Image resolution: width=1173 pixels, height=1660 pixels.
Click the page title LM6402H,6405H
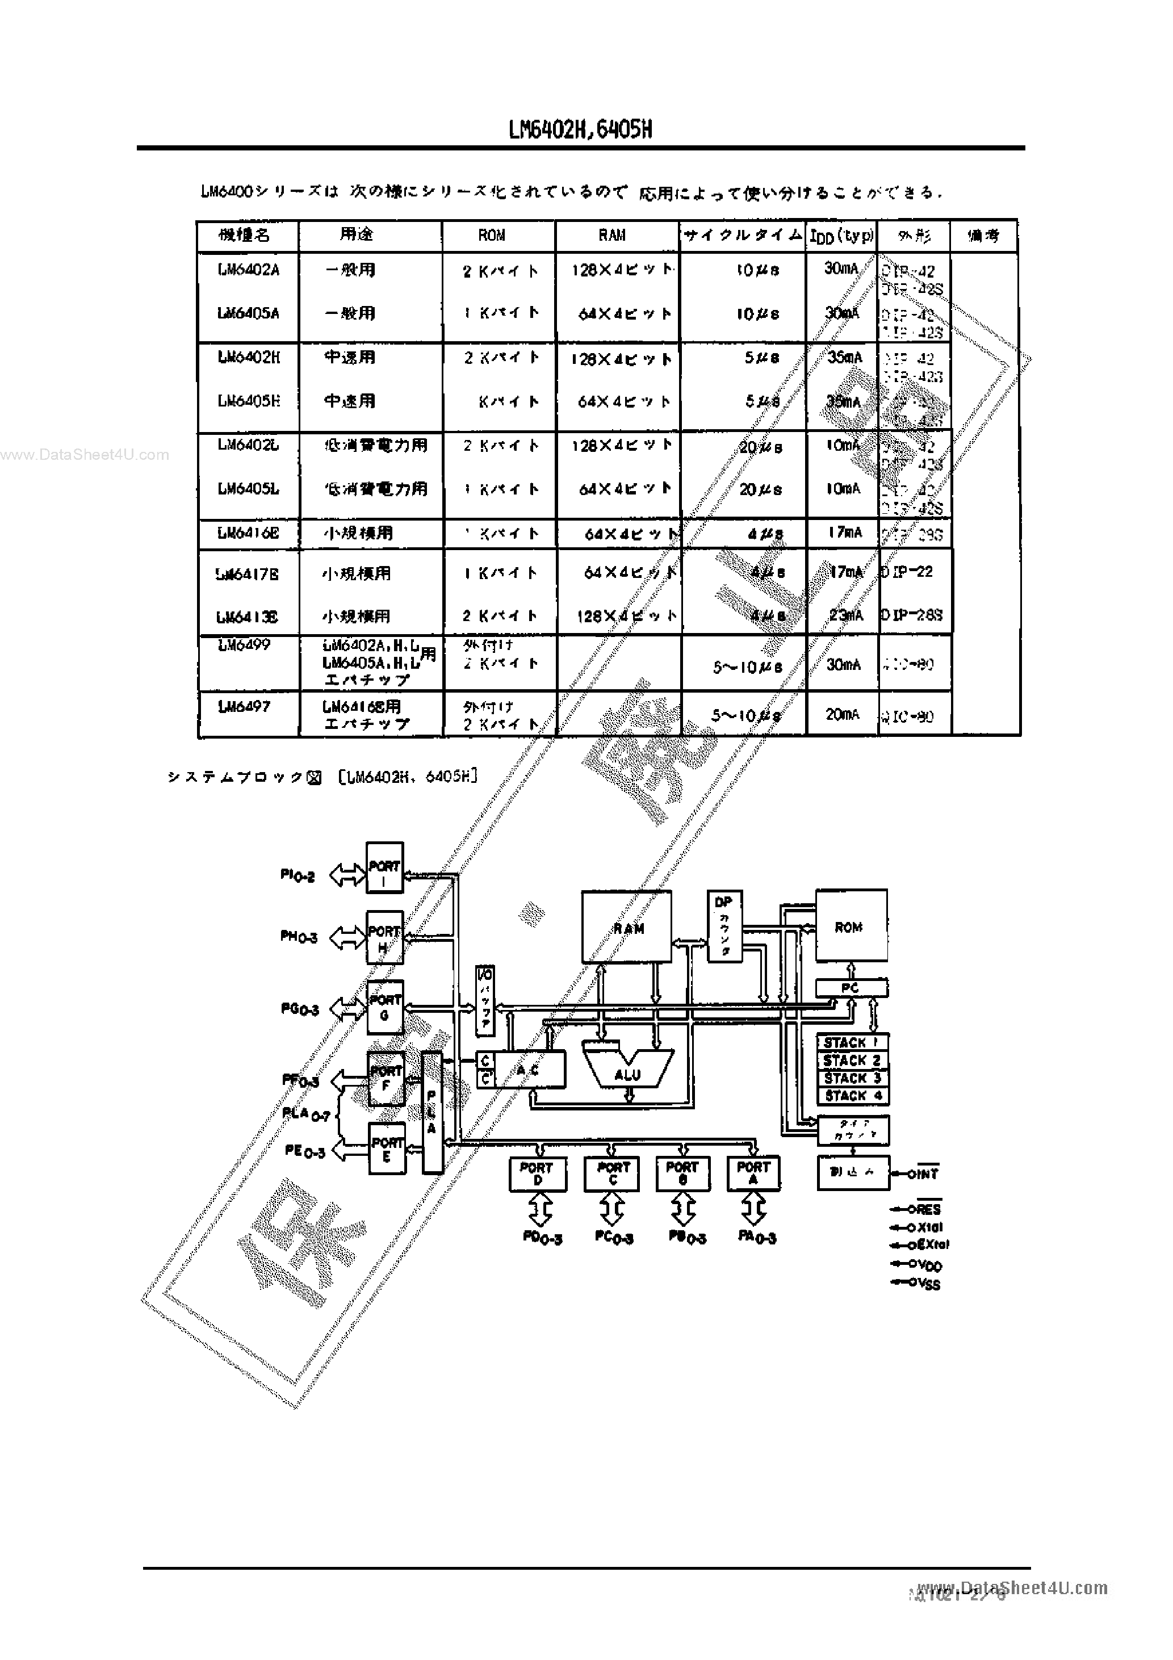pyautogui.click(x=580, y=129)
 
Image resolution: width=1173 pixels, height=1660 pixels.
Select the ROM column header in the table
pyautogui.click(x=492, y=236)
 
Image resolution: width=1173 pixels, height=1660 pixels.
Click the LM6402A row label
pyautogui.click(x=248, y=270)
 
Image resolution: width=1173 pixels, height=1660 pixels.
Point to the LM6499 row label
pyautogui.click(x=245, y=644)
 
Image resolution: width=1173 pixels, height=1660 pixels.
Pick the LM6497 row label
pyautogui.click(x=245, y=706)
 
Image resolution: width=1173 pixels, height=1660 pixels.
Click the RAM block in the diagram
pyautogui.click(x=627, y=927)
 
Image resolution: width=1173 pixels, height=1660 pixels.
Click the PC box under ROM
pyautogui.click(x=851, y=988)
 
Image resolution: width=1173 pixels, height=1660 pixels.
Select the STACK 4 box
pyautogui.click(x=853, y=1095)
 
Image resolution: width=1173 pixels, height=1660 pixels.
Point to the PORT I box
pyautogui.click(x=384, y=871)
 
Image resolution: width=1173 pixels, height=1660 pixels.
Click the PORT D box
pyautogui.click(x=537, y=1173)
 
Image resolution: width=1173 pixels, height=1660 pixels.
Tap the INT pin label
pyautogui.click(x=924, y=1174)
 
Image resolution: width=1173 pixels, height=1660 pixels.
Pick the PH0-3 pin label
pyautogui.click(x=299, y=937)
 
